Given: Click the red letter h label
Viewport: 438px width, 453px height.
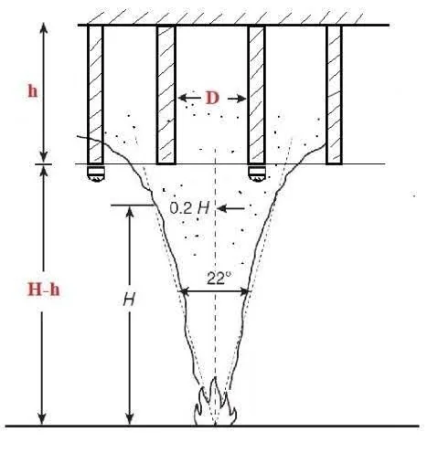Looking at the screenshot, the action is pos(33,90).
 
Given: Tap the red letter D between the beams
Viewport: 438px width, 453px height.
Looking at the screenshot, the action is pos(212,98).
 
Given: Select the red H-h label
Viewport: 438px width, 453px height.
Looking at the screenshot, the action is pos(44,290).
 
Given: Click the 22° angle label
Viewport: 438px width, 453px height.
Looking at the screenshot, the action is pos(219,278).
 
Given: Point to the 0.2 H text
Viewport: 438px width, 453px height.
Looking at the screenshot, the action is pos(190,208).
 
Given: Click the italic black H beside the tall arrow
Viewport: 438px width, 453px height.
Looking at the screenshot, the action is pos(129,300).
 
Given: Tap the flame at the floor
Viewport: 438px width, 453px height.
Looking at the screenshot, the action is pos(216,401).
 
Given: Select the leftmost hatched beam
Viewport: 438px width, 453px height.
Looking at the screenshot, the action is pos(95,94).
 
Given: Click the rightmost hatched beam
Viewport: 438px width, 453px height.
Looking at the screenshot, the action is pos(335,94).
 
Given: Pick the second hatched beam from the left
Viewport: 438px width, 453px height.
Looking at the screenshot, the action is pos(166,95).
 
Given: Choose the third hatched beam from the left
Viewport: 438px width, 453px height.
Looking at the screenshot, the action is pos(257,95).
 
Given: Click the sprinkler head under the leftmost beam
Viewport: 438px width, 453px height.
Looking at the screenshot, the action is pos(95,174).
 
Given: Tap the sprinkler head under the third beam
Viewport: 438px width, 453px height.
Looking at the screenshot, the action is pos(257,174).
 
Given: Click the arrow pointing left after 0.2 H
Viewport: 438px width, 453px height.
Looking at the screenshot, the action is pos(231,208).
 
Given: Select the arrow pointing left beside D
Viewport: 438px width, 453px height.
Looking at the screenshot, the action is pos(189,98).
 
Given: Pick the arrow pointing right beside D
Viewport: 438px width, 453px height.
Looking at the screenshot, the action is pos(237,99).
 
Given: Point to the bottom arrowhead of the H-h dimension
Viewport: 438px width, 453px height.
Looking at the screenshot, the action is pos(42,418).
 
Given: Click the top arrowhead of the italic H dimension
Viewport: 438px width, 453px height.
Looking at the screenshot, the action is pos(130,213).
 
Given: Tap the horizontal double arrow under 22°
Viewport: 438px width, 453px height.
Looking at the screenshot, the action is pos(215,291).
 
